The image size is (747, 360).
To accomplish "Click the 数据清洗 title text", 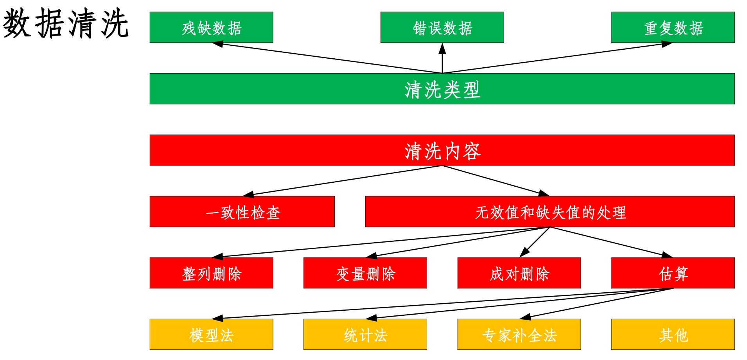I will (x=66, y=24).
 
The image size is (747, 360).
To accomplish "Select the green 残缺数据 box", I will (x=211, y=27).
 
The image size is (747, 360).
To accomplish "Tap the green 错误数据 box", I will (x=442, y=27).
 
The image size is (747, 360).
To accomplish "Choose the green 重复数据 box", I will (x=673, y=27).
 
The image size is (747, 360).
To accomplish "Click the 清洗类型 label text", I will (x=442, y=90).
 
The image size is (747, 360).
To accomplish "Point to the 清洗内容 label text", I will (x=442, y=151).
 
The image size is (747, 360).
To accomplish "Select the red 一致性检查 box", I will (x=242, y=212).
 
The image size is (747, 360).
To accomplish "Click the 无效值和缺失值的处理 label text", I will (x=550, y=212).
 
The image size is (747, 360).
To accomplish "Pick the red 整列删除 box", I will (x=211, y=273).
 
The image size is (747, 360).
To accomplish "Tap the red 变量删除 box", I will (x=365, y=273).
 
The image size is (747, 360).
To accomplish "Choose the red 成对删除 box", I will (x=519, y=273).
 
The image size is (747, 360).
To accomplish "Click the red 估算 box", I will (x=673, y=273).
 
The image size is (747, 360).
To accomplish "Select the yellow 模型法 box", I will (x=211, y=335).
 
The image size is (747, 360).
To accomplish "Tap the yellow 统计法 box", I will (x=365, y=335).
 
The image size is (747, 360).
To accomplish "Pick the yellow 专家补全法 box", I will (x=519, y=335).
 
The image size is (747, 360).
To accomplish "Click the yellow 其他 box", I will (x=673, y=335).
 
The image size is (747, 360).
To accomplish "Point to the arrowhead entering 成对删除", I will (x=524, y=253).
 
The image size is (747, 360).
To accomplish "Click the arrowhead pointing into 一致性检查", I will (x=248, y=194).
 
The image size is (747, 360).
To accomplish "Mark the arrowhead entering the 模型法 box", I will (x=217, y=318).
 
